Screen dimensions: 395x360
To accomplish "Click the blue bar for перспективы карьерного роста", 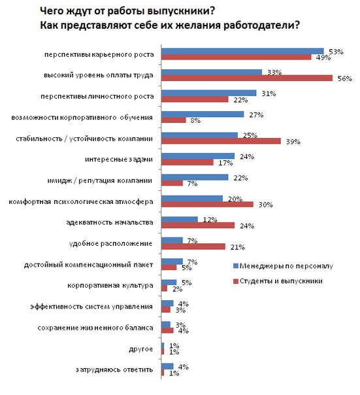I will point(242,50).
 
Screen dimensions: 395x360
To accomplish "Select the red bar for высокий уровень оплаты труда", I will point(246,78).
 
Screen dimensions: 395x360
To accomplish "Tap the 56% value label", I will point(341,78).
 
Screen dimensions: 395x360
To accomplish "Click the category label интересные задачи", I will point(128,159).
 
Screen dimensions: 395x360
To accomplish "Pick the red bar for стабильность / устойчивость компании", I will point(220,141).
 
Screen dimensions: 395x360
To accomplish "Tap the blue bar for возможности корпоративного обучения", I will point(202,114).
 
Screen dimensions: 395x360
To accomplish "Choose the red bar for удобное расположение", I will point(193,247).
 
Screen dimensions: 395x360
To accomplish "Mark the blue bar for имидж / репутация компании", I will point(194,177).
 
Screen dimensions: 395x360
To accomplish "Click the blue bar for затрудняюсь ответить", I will point(167,366).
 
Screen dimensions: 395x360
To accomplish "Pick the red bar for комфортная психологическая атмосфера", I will point(206,205).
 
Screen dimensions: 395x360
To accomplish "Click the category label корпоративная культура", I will point(111,286).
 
